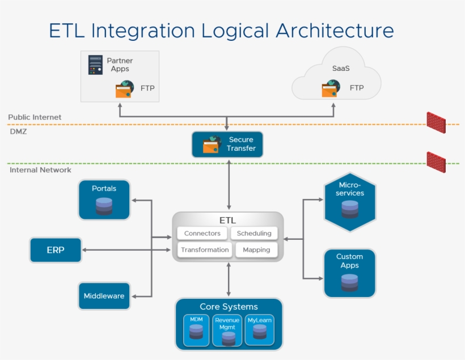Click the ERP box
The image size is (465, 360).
pos(56,250)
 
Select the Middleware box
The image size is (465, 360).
pos(104,296)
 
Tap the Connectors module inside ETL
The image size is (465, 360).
pos(202,233)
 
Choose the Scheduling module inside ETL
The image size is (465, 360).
pos(254,233)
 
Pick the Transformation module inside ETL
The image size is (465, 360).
pos(205,250)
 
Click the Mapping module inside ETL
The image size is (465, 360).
pos(256,250)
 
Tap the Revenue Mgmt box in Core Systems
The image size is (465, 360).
pos(227,331)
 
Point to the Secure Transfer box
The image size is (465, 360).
pos(227,144)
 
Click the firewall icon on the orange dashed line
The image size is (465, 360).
pos(436,122)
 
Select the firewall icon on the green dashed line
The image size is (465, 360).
pos(436,162)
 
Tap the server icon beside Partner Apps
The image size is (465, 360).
pos(95,65)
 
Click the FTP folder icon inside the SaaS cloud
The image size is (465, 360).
pos(331,88)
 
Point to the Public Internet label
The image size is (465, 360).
pos(35,117)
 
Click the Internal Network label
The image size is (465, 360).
pos(40,170)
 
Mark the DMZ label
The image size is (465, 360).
pos(18,132)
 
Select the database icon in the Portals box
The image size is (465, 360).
pos(104,206)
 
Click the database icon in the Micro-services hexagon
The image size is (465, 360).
pos(350,209)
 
